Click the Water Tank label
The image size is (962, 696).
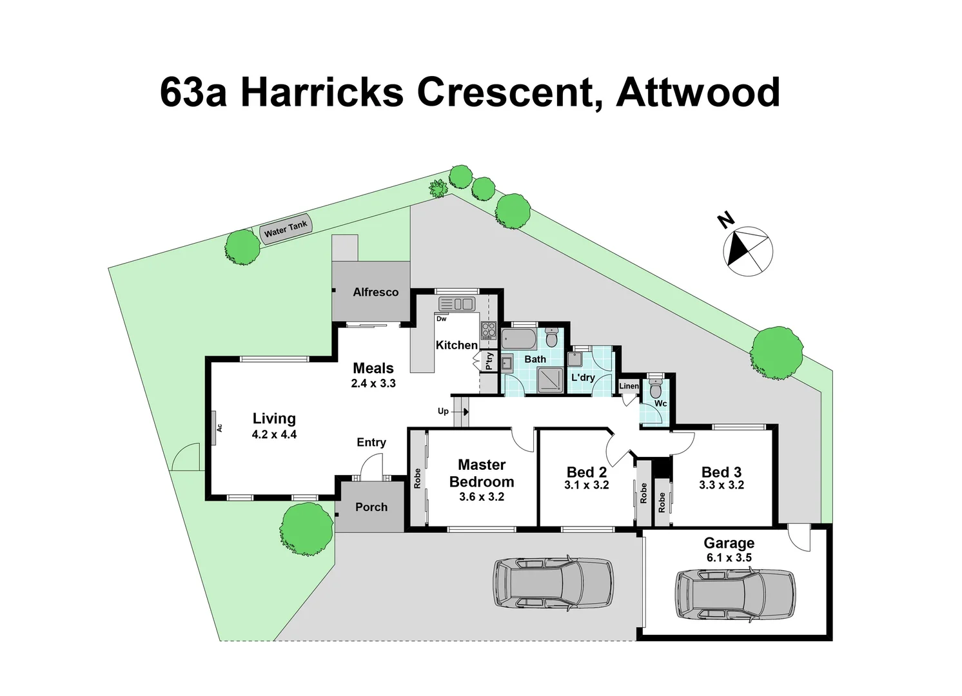pos(286,228)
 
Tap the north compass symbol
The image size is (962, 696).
pos(749,251)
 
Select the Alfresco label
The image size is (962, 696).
pos(375,292)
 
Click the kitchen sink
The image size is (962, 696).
pos(456,304)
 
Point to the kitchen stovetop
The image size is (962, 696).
pos(487,330)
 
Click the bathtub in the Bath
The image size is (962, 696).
pos(518,338)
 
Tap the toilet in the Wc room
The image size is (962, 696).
pos(655,389)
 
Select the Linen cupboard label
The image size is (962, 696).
pos(629,386)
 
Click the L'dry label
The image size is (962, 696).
pos(583,377)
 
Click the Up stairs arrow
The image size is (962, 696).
pos(462,411)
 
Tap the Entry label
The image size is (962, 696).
pos(371,442)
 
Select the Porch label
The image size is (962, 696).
pos(371,507)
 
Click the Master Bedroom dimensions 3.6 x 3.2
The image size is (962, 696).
pos(482,497)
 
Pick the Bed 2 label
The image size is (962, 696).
pos(586,472)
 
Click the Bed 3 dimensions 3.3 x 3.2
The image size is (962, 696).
pos(721,485)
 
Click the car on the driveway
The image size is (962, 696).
pos(553,583)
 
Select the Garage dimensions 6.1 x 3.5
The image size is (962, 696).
pos(729,557)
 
